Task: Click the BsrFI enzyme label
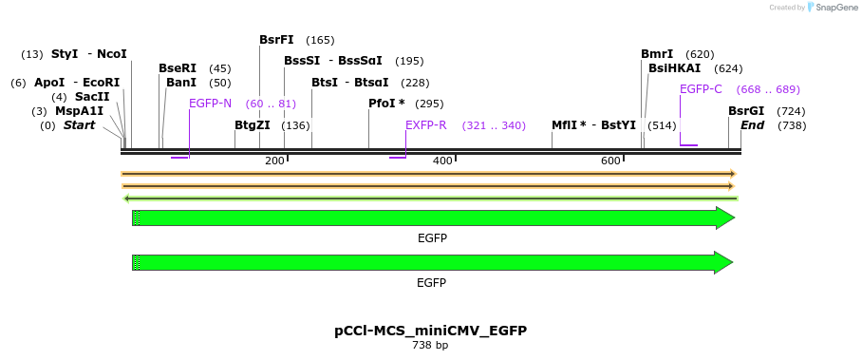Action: point(276,40)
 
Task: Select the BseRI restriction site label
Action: point(178,68)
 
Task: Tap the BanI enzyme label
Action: point(180,83)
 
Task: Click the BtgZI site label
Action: point(253,125)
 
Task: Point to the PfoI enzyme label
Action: point(386,104)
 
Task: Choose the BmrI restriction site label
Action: point(657,54)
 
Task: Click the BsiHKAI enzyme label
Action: point(674,68)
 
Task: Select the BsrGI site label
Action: point(746,111)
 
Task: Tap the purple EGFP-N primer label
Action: point(210,104)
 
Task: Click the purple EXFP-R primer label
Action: point(426,125)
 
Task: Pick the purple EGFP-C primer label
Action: point(701,89)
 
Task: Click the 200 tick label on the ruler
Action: point(274,161)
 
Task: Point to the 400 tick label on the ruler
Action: point(442,161)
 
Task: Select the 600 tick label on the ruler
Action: point(610,161)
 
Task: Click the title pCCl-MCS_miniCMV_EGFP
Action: point(430,331)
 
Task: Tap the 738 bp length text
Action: point(430,345)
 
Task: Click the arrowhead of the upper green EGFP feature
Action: point(725,218)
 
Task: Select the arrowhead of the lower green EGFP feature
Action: point(723,262)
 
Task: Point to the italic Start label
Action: point(79,125)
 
